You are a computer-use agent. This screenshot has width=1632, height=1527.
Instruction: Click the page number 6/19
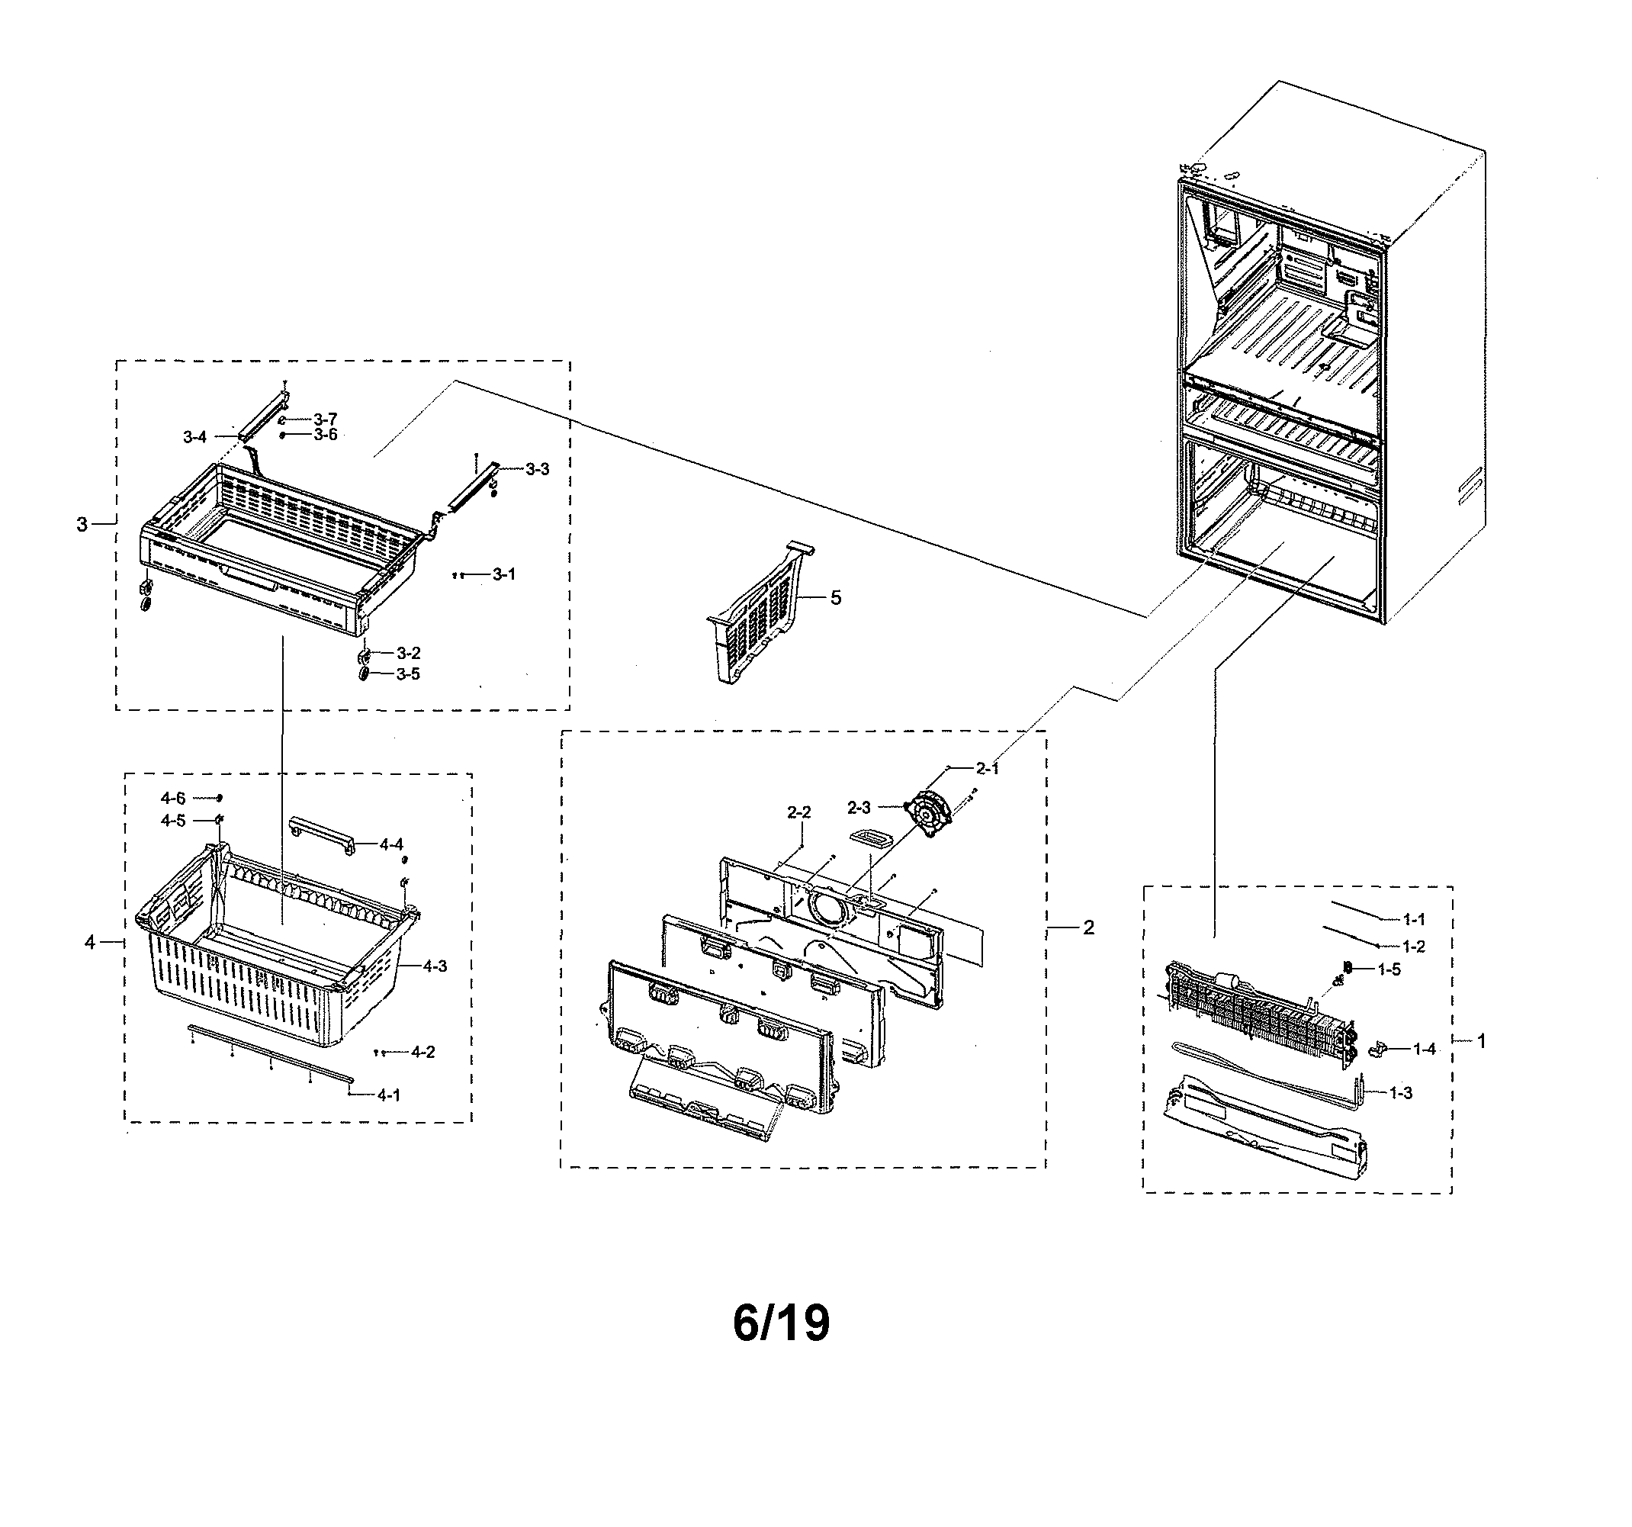[781, 1323]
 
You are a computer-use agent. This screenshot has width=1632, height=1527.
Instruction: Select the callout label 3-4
[194, 438]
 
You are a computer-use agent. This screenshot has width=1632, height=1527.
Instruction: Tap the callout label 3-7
[325, 420]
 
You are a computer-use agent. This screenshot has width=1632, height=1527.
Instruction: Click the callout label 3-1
[504, 574]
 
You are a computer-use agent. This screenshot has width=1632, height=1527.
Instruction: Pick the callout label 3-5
[408, 674]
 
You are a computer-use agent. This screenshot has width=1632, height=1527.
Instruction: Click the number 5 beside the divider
[836, 598]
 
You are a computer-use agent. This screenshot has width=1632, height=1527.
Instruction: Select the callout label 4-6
[173, 798]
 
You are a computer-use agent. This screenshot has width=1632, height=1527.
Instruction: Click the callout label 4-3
[435, 966]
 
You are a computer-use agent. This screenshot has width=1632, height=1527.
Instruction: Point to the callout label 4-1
[389, 1095]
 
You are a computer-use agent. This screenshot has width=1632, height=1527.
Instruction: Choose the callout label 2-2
[798, 812]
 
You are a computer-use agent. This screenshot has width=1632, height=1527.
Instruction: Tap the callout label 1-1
[1414, 920]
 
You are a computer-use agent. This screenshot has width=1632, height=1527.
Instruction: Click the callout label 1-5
[1389, 969]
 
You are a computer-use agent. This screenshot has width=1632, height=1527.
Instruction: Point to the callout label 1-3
[1402, 1093]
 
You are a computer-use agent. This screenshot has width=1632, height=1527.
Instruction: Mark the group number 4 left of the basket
[89, 943]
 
